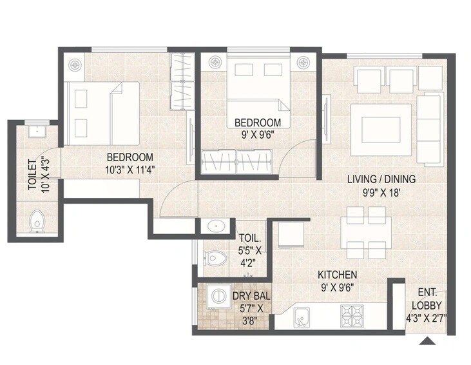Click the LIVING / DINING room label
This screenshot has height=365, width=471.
381,179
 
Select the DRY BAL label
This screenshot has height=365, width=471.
251,296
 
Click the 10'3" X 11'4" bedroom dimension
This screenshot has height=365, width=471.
130,170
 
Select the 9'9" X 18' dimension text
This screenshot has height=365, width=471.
381,192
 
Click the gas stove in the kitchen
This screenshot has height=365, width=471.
352,316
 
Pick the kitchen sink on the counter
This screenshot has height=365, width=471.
300,317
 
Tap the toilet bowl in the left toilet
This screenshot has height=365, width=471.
37,222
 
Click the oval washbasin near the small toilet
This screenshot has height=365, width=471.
214,226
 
